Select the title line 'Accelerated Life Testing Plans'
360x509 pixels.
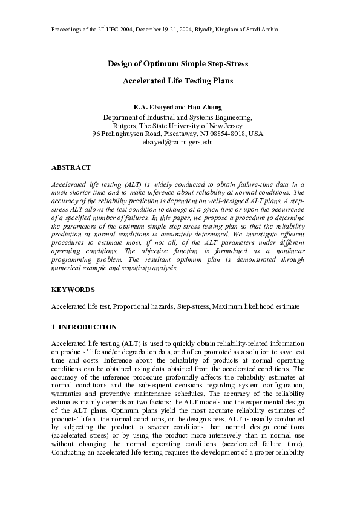pos(178,80)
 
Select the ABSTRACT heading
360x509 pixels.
pos(71,167)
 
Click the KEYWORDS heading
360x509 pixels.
pos(73,290)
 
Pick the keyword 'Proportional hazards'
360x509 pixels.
pos(145,307)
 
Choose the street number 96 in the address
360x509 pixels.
pos(96,133)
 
